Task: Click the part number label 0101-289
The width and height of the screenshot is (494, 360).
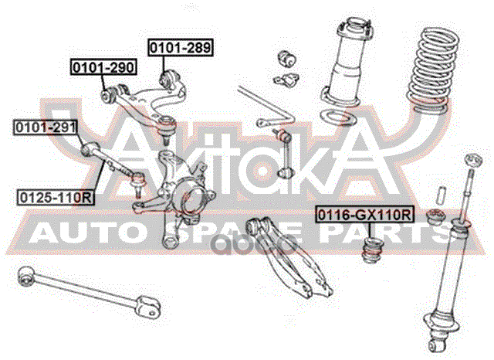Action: click(x=181, y=48)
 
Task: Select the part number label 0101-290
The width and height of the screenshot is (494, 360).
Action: click(x=103, y=67)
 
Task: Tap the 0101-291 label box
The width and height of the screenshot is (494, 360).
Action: click(x=46, y=127)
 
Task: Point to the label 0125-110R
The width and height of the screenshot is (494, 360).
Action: click(x=56, y=198)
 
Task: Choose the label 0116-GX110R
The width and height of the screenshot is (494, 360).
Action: click(x=364, y=216)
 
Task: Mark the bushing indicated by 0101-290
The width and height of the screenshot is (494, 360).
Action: click(x=108, y=94)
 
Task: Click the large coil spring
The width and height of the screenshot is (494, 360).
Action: click(x=432, y=70)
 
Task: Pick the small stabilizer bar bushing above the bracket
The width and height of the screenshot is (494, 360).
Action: click(x=287, y=58)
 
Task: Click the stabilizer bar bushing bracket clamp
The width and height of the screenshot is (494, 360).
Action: click(x=286, y=79)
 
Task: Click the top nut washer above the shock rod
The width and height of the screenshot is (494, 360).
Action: click(x=474, y=161)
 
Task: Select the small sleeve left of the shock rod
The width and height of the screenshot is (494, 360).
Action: click(x=441, y=195)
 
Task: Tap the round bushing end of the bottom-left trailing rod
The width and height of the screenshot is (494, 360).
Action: click(x=25, y=276)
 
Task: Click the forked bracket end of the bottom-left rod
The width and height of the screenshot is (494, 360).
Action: click(x=148, y=307)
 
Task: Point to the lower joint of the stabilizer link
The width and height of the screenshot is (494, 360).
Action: click(x=286, y=173)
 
